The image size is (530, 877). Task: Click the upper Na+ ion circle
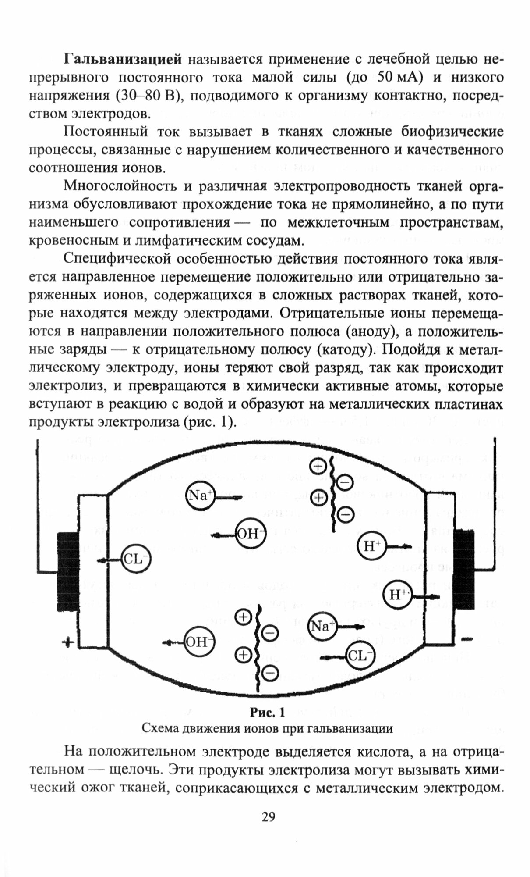pyautogui.click(x=200, y=496)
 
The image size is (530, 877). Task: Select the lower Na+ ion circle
pyautogui.click(x=322, y=627)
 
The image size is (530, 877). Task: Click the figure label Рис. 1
pyautogui.click(x=267, y=712)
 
